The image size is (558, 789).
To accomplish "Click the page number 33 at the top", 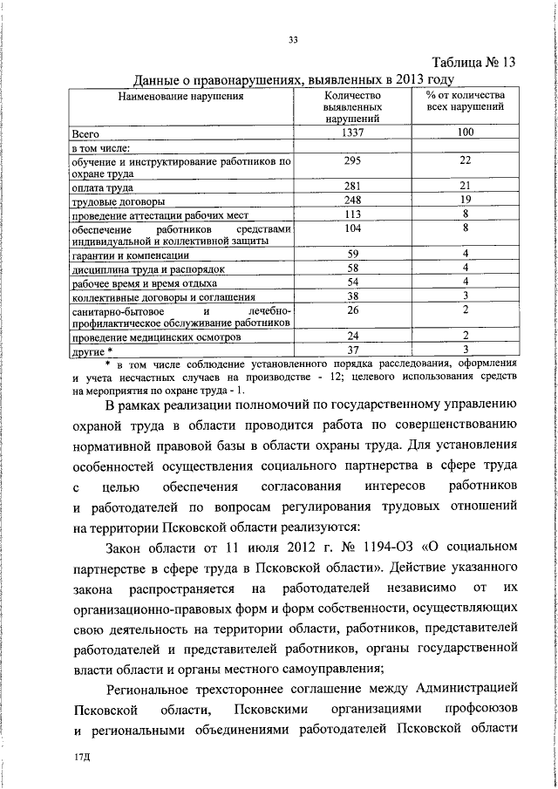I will pos(293,37).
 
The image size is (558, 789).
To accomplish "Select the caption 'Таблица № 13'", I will pos(474,63).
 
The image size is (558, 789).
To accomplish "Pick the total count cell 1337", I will pos(352,134).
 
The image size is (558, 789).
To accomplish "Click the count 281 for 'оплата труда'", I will pos(352,187).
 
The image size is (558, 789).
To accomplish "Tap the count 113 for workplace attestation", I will pos(352,214).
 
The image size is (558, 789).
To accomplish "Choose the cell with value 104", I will pos(352,228).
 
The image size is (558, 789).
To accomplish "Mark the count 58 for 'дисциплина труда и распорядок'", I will pos(352,268).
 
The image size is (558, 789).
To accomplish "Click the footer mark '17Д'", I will pos(84,758).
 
